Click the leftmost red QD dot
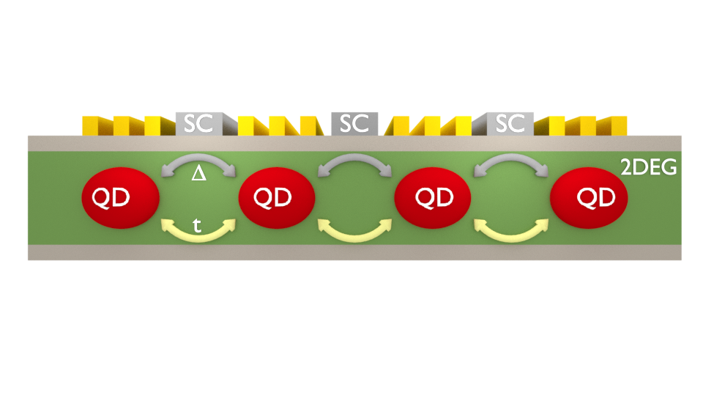[x=119, y=197]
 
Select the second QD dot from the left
[x=276, y=197]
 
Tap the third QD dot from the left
[x=432, y=197]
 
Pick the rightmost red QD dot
[x=589, y=197]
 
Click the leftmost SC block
[x=198, y=123]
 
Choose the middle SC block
[x=354, y=123]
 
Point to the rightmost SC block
[x=510, y=123]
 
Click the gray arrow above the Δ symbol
[x=198, y=159]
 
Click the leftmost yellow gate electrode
[x=91, y=125]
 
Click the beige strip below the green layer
[x=354, y=253]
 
